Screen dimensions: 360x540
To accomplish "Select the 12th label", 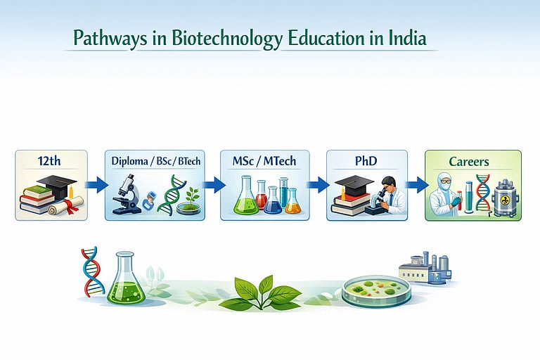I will [x=51, y=161].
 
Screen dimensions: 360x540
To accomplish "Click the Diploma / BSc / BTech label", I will [x=156, y=161].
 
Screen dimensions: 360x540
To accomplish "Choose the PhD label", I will [x=367, y=161].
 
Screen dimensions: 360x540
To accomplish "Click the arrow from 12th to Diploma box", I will [x=96, y=186].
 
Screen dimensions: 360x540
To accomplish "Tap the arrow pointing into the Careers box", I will [x=417, y=186].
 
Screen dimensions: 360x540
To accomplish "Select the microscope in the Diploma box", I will [x=125, y=192].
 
